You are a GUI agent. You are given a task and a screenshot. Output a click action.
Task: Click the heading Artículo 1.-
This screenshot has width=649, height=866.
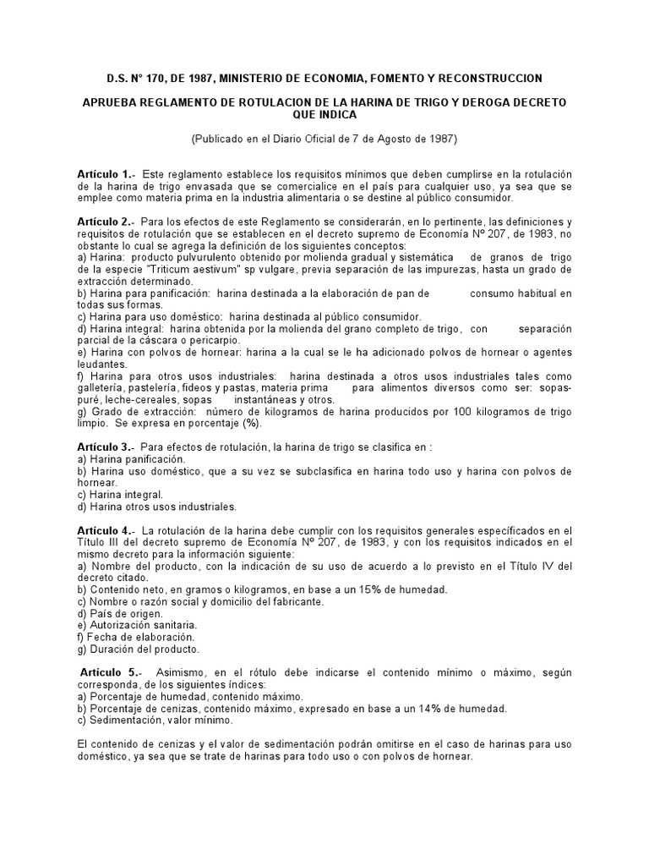coord(106,173)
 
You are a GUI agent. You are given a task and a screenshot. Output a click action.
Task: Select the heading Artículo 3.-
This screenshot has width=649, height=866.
coord(106,446)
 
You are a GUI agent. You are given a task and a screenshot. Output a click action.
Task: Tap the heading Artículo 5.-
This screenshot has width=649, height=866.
coord(107,672)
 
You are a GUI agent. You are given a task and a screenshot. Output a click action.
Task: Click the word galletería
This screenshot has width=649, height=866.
coord(103,387)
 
